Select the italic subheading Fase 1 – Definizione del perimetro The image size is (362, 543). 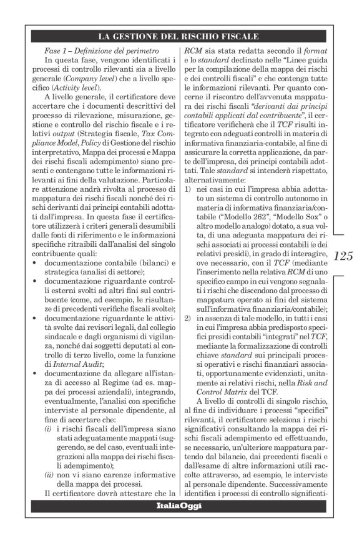pyautogui.click(x=99, y=49)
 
